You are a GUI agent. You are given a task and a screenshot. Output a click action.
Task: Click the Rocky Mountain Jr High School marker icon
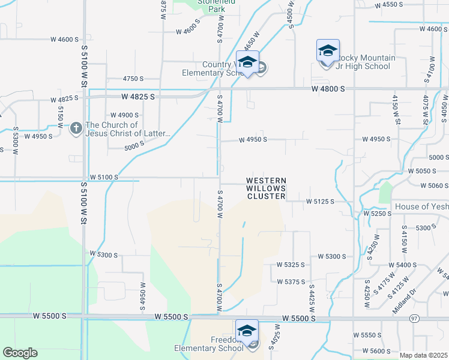[x=328, y=51]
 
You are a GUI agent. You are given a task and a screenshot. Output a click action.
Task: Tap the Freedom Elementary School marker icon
[x=247, y=331]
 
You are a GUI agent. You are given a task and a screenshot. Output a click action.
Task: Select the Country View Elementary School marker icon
[x=247, y=62]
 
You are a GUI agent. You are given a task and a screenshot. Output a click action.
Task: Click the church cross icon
[x=76, y=128]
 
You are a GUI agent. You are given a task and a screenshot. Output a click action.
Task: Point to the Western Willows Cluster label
[x=267, y=188]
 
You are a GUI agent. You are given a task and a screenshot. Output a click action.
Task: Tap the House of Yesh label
[x=421, y=206]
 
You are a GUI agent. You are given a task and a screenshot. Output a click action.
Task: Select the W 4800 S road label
[x=328, y=89]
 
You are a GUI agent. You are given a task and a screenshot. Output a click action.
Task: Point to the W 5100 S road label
[x=104, y=177]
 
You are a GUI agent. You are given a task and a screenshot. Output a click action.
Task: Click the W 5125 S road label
[x=320, y=202]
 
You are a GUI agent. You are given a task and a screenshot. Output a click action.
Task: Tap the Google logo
[x=20, y=353]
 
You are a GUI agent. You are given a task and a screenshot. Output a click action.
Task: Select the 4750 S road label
[x=133, y=79]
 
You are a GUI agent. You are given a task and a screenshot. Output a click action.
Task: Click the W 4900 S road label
[x=124, y=115]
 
